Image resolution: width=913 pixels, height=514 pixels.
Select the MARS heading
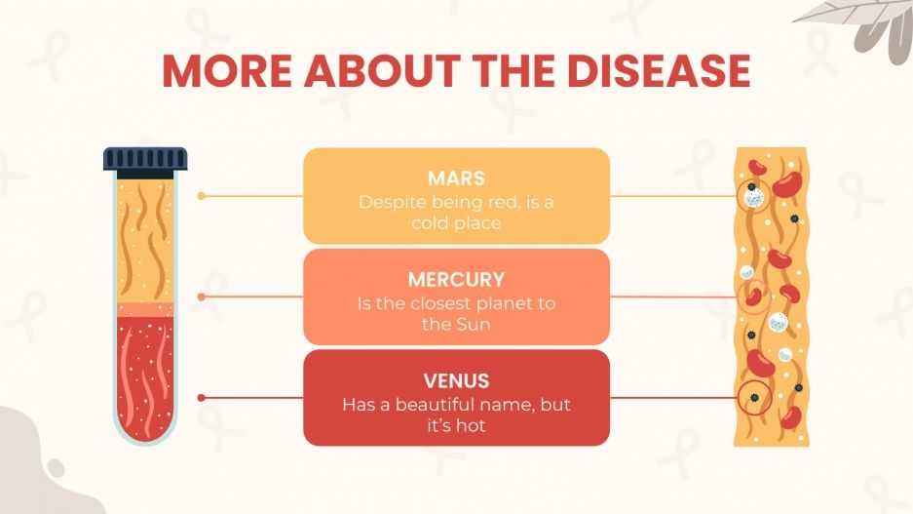click(456, 179)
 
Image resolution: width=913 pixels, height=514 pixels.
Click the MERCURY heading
click(456, 280)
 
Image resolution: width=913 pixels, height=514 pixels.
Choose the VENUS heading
click(456, 380)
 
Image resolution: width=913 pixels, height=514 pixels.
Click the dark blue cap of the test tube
click(145, 158)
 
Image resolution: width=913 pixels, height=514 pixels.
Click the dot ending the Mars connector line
click(201, 196)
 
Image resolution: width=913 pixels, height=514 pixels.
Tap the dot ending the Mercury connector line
click(201, 297)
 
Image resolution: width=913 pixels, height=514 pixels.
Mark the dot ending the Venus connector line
click(201, 398)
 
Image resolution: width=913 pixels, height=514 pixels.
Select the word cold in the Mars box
click(432, 223)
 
